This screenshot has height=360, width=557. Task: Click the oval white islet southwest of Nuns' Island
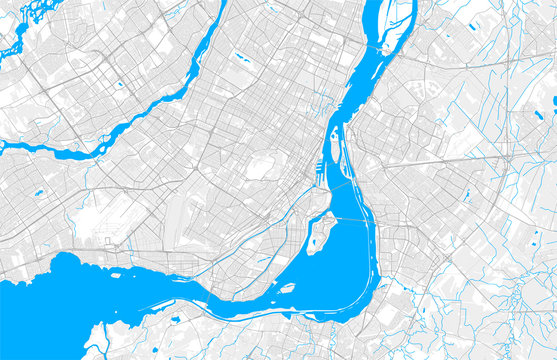click(x=287, y=288)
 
